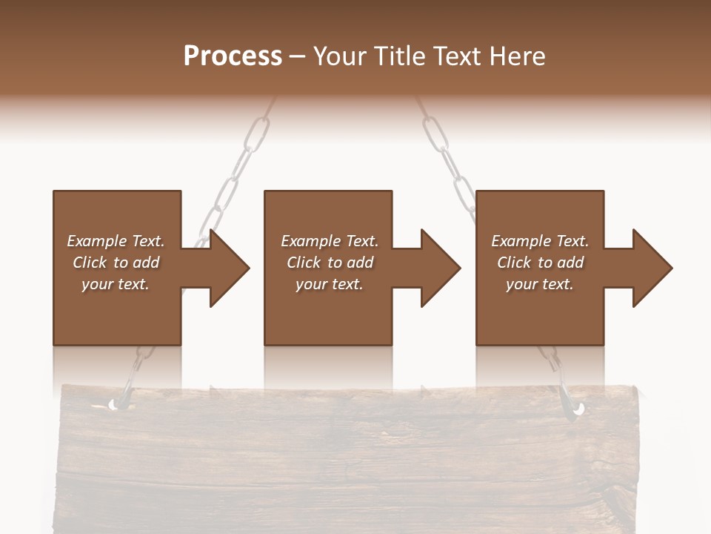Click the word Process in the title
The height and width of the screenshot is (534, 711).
(x=233, y=56)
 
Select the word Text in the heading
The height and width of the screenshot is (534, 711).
(x=459, y=56)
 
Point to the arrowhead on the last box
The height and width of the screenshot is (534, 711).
(x=650, y=268)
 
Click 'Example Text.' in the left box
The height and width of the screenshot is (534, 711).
(x=116, y=241)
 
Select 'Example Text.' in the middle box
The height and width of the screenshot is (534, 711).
(x=330, y=241)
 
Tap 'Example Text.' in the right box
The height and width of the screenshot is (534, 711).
(x=540, y=241)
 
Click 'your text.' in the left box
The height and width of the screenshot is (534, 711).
(x=116, y=284)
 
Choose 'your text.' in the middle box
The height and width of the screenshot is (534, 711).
(x=330, y=284)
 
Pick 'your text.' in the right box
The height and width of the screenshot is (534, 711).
(x=540, y=284)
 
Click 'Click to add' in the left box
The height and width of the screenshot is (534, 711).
(x=116, y=263)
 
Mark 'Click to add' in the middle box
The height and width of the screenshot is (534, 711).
(x=330, y=263)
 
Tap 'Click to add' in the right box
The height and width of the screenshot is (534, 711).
(x=540, y=263)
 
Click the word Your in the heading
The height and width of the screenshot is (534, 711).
(x=338, y=56)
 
